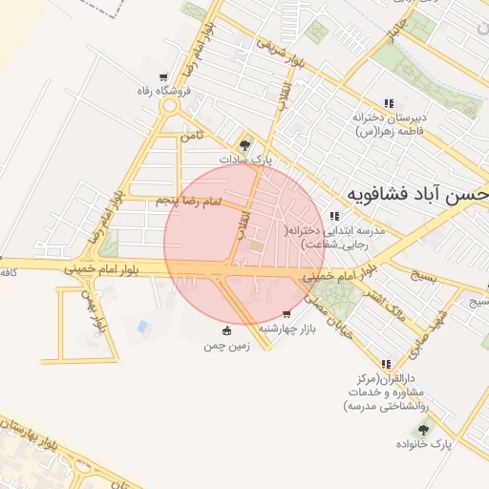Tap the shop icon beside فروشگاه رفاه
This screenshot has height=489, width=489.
pyautogui.click(x=163, y=77)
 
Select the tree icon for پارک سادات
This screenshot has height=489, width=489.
pyautogui.click(x=245, y=146)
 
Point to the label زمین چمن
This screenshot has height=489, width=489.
pyautogui.click(x=226, y=346)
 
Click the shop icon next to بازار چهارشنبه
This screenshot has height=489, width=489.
pyautogui.click(x=287, y=314)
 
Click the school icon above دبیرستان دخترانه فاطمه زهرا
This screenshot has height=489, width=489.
pyautogui.click(x=388, y=103)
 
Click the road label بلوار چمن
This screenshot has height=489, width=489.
pyautogui.click(x=91, y=314)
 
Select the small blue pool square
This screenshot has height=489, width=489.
pyautogui.click(x=143, y=327)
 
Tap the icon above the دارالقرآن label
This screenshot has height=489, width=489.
pyautogui.click(x=386, y=364)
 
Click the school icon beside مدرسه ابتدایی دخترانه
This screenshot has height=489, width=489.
pyautogui.click(x=333, y=216)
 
